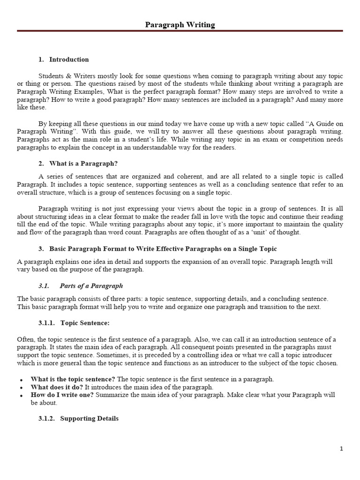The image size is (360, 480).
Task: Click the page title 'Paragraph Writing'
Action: [x=180, y=25]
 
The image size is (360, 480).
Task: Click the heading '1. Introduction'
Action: [x=63, y=60]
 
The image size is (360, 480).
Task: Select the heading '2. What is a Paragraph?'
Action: [x=78, y=163]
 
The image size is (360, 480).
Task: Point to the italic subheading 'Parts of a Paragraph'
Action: [x=91, y=286]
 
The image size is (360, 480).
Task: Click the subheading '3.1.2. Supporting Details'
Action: [x=78, y=418]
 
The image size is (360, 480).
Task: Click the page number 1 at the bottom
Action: [x=341, y=449]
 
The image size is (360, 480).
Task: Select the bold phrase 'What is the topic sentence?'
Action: [x=73, y=379]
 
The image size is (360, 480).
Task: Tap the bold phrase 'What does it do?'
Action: [x=57, y=387]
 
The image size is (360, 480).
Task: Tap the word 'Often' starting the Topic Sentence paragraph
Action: [x=25, y=339]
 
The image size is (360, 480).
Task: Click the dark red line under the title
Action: [x=180, y=31]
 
